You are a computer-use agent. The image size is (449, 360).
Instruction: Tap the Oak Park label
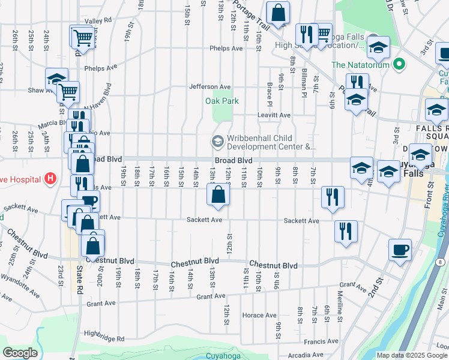click(221, 101)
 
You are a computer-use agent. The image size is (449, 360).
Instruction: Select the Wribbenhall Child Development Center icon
click(216, 142)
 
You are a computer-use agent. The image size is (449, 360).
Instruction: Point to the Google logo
click(20, 353)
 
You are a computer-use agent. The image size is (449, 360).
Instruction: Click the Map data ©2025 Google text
click(412, 355)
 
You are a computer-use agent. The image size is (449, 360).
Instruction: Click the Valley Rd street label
click(98, 20)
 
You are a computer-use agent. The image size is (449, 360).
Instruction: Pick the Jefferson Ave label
click(210, 86)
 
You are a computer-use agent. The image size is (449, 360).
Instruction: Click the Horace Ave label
click(259, 315)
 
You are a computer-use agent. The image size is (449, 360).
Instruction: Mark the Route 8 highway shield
click(439, 262)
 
